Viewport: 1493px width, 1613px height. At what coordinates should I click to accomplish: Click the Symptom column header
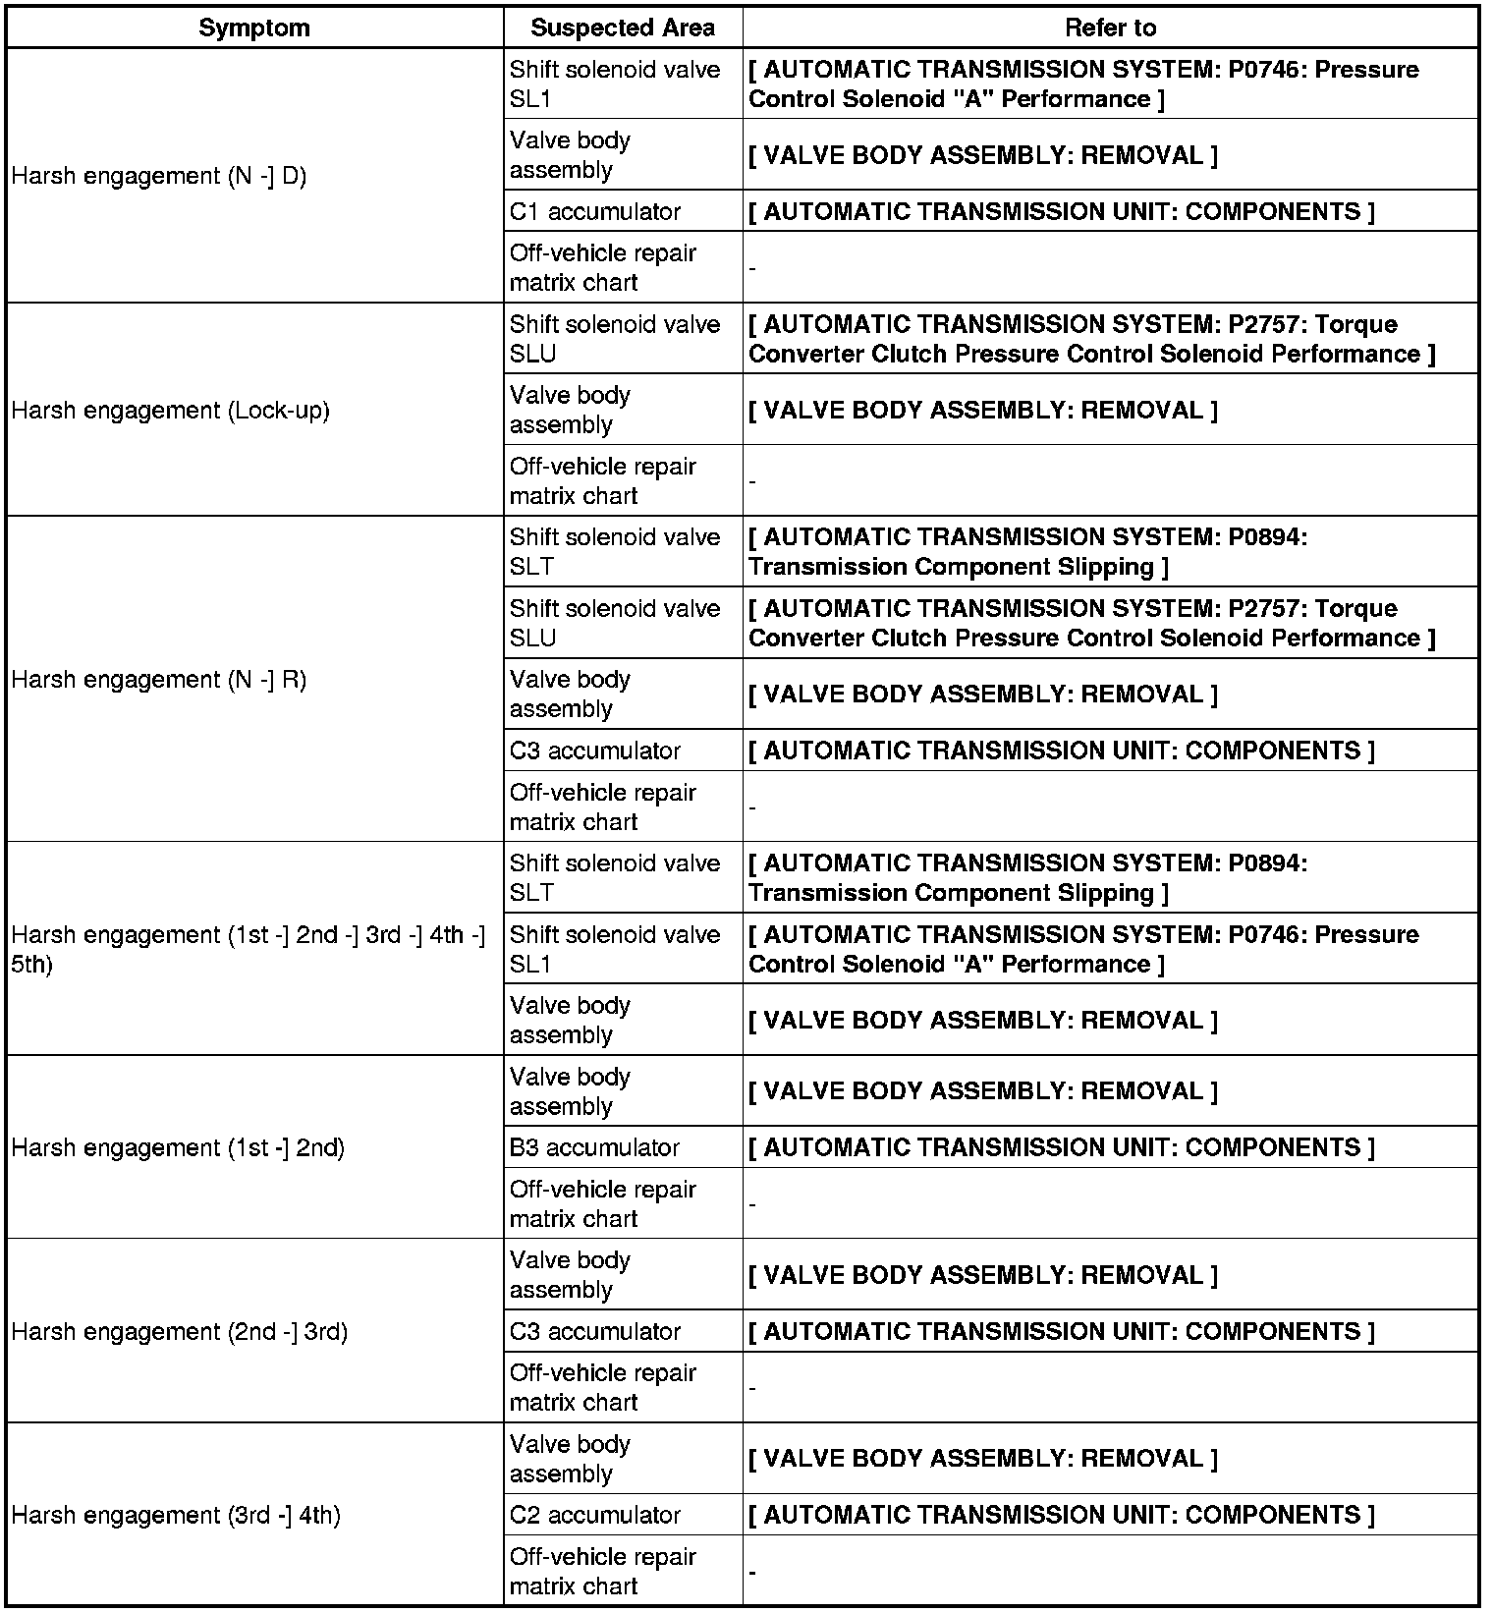254,28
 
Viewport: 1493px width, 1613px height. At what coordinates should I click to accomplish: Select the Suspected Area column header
623,28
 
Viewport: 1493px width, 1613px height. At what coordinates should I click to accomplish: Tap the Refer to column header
1110,28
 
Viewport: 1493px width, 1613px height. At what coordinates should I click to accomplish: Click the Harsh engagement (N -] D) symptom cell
159,177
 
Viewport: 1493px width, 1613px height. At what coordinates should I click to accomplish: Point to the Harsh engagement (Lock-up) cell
171,411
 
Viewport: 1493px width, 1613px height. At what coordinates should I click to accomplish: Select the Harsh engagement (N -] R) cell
159,680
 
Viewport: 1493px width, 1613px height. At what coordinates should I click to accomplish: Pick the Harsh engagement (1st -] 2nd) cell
178,1147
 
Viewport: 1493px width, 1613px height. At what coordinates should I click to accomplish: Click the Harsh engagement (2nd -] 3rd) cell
180,1332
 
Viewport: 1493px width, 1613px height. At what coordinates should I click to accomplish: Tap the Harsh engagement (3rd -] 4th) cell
176,1516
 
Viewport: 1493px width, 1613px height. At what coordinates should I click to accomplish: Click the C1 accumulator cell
595,212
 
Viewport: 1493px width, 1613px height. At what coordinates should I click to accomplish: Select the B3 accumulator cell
594,1147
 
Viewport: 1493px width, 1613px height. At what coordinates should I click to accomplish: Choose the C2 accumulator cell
595,1516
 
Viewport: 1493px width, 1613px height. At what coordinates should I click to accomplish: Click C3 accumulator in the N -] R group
595,751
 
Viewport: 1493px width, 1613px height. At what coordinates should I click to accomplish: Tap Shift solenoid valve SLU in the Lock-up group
615,339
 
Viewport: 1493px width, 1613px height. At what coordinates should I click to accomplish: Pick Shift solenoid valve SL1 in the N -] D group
615,84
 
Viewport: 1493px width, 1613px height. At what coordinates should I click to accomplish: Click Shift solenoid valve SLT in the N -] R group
615,552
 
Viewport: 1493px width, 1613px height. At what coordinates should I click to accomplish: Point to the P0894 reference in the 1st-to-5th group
1027,878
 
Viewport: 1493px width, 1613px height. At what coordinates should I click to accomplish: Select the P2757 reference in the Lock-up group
1090,339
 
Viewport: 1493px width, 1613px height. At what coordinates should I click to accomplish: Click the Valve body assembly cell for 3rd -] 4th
570,1459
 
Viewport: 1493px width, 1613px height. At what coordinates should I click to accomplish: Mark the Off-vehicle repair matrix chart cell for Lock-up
602,481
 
